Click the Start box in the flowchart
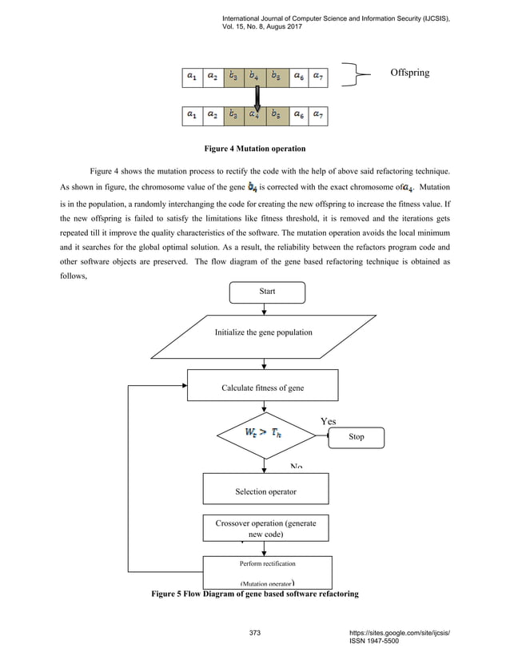point(266,292)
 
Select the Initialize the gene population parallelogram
point(264,332)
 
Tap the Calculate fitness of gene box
point(264,388)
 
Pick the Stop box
point(357,437)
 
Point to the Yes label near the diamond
point(329,420)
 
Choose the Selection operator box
point(265,491)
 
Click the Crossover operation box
point(265,528)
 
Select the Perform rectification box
point(265,571)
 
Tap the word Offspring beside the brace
point(409,73)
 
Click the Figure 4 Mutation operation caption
point(255,149)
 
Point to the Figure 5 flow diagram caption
point(255,594)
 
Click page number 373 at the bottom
point(255,634)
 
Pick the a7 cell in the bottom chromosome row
point(317,114)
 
